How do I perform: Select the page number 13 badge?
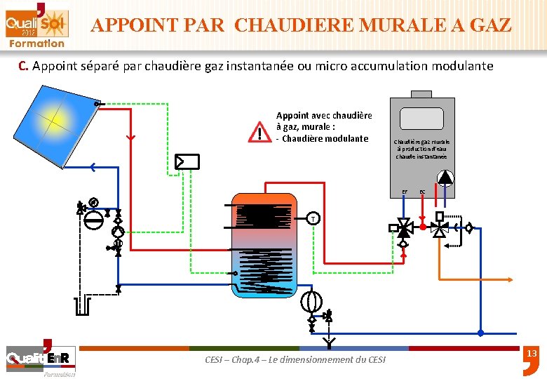tap(531, 354)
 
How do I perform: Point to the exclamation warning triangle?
tap(259, 132)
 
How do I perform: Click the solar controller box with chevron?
tap(187, 161)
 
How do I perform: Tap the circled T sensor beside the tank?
tap(313, 219)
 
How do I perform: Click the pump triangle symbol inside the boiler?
tap(444, 178)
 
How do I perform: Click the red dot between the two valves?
tap(423, 227)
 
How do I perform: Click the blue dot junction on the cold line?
tap(480, 333)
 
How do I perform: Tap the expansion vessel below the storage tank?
tap(311, 301)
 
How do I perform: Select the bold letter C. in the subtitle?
tap(23, 67)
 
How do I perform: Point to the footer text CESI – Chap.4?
tap(295, 359)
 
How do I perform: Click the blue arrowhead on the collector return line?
tap(93, 167)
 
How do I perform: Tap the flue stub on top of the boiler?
tap(421, 94)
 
